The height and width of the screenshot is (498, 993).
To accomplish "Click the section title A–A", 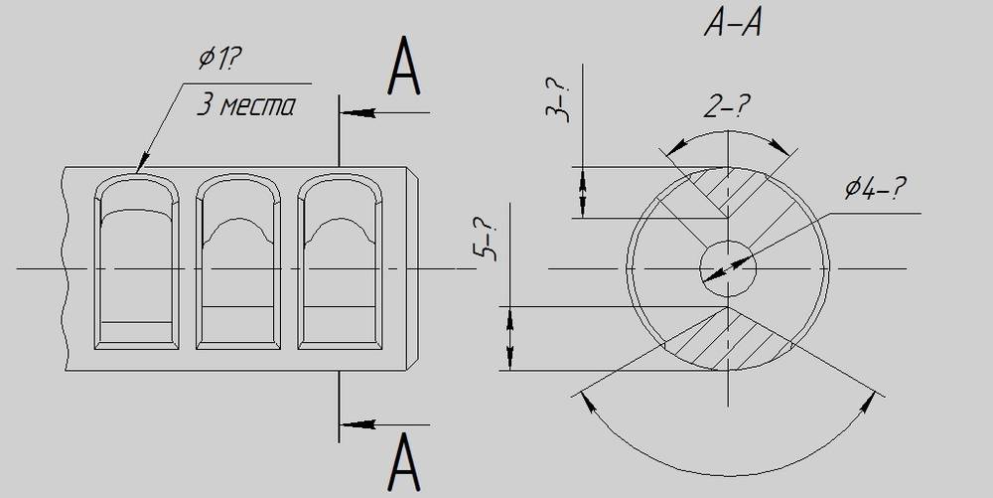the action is tap(733, 24).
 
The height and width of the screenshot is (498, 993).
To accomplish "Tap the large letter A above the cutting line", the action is tap(404, 66).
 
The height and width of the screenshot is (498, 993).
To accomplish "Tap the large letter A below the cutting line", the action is tap(404, 463).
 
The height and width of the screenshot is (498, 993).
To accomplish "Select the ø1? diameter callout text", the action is tap(220, 58).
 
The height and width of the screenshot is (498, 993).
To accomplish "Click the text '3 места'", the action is tap(245, 104).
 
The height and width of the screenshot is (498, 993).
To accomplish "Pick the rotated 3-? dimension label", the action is tap(558, 101).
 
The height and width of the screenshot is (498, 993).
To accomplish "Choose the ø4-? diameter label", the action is tap(875, 188).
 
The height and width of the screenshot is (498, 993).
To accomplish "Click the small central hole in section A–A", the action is tap(728, 268).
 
